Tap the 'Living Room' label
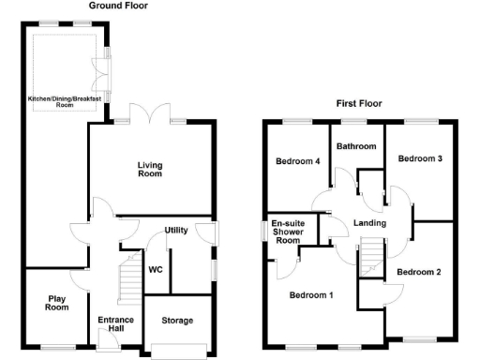click(150, 169)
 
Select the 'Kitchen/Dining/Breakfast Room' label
click(65, 101)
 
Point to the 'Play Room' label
click(58, 303)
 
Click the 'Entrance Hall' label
click(116, 324)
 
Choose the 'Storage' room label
click(177, 321)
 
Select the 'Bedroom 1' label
click(310, 296)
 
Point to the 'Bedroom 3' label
click(419, 159)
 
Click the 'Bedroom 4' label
click(297, 161)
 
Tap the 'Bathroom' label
click(357, 146)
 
